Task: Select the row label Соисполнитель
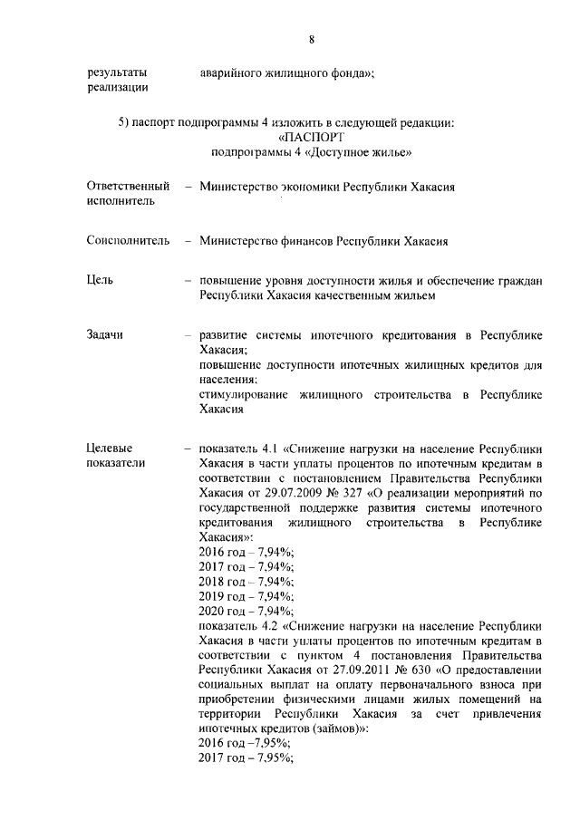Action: tap(128, 242)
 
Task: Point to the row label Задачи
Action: tap(105, 335)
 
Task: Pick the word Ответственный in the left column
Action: tap(128, 186)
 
